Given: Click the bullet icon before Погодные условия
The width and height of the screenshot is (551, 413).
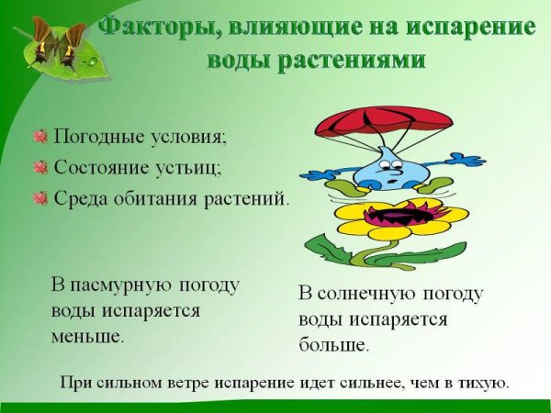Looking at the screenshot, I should coord(39,137).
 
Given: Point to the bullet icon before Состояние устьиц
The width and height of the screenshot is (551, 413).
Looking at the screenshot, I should coord(39,167).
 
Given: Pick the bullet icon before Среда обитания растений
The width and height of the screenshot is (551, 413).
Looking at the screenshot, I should coord(39,197).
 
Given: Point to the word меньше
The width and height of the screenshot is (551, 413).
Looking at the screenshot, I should coord(86,336).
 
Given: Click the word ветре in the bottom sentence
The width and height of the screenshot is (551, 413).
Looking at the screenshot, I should coord(192,382).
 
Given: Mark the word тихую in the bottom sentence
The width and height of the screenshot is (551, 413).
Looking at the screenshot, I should coord(485,382).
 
